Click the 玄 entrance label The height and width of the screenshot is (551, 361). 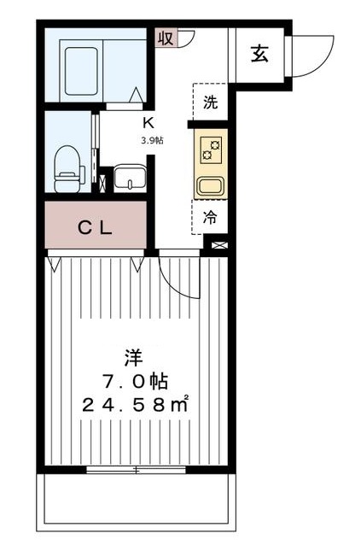click(259, 53)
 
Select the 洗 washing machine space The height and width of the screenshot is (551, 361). click(210, 103)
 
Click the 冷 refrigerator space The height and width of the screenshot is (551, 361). click(210, 217)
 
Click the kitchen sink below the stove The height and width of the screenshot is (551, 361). click(210, 185)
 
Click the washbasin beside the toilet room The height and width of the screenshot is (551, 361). click(131, 178)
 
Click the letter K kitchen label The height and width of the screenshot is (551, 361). click(148, 121)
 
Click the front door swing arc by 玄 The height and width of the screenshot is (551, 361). click(314, 56)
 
